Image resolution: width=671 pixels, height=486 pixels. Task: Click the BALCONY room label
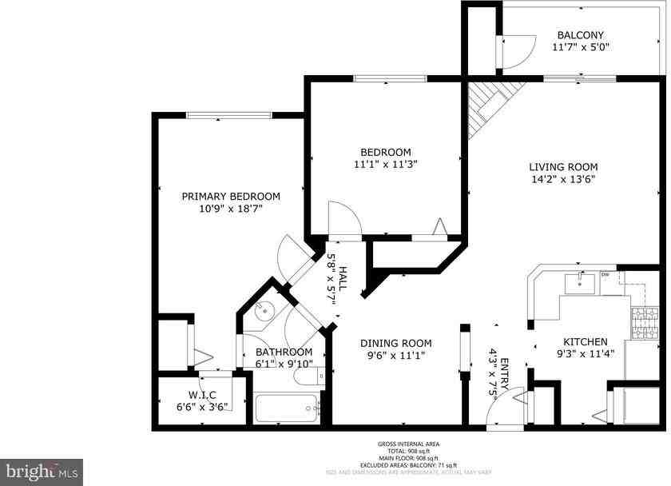tap(580, 35)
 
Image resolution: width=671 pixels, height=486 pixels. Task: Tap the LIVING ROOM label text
tap(563, 167)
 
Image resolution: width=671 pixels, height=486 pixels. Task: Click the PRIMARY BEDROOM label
tap(231, 196)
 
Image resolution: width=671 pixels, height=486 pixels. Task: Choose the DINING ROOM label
tap(396, 343)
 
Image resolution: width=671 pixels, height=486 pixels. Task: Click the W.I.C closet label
tap(202, 395)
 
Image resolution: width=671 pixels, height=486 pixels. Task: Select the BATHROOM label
tap(284, 352)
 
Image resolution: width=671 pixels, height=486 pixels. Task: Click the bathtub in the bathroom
tap(286, 409)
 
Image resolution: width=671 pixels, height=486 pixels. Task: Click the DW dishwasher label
tap(605, 276)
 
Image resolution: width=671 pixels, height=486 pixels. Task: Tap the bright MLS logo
tap(42, 470)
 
